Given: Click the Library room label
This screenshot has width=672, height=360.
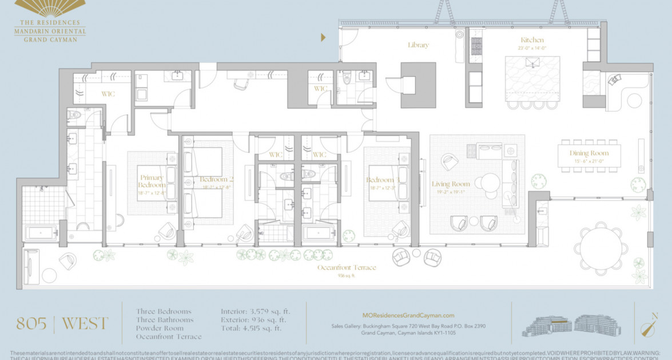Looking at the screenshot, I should pos(418,45).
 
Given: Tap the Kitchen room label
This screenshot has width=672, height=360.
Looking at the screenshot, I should pos(532,40).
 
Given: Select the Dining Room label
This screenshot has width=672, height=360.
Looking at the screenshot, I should pos(589,153).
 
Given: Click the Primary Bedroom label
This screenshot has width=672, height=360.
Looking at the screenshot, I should pos(151,181).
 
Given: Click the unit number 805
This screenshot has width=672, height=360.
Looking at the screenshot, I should pos(31,323).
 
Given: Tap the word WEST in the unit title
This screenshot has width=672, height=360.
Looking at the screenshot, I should pos(84,323).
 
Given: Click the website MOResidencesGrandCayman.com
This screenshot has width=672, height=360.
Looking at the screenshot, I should pos(408,315).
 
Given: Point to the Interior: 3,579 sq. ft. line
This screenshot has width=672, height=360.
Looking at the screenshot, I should pos(255,311).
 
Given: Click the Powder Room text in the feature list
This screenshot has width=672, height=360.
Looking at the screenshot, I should pos(160,328).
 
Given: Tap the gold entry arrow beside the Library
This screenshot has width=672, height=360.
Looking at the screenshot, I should pos(323,38).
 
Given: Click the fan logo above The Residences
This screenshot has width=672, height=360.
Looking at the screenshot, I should pos(50,7).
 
